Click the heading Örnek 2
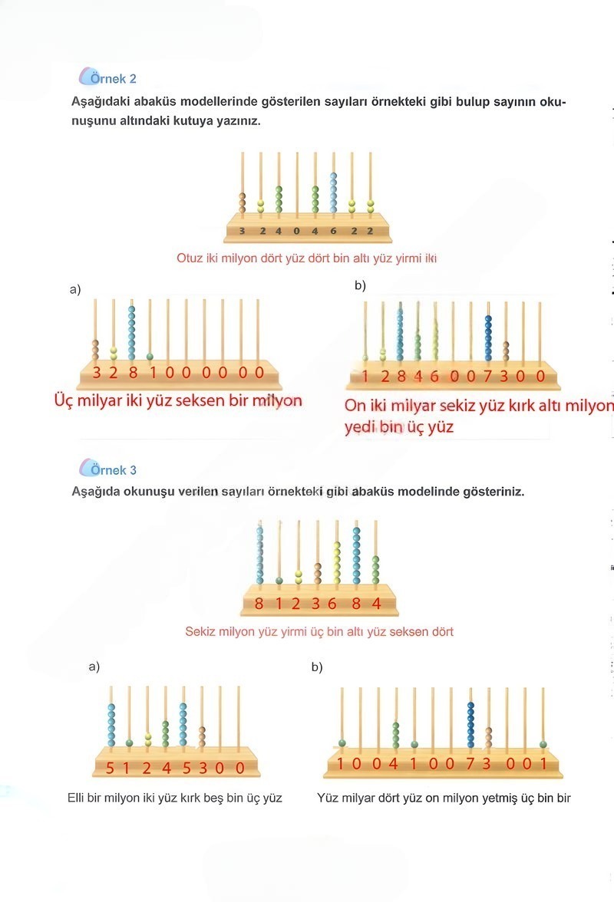tap(113, 78)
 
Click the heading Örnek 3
tap(113, 470)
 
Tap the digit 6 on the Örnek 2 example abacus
tap(333, 231)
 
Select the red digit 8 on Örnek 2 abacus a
tap(132, 373)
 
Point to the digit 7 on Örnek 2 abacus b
tap(487, 377)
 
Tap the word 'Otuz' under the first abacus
tap(190, 258)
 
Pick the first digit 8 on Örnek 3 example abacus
tap(259, 604)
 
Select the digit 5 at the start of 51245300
tap(110, 767)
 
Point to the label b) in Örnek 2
tap(360, 286)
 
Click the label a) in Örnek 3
tap(94, 667)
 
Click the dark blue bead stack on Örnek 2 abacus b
tap(488, 337)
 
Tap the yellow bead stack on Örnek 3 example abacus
tap(336, 563)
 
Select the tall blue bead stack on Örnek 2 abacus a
tap(131, 332)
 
